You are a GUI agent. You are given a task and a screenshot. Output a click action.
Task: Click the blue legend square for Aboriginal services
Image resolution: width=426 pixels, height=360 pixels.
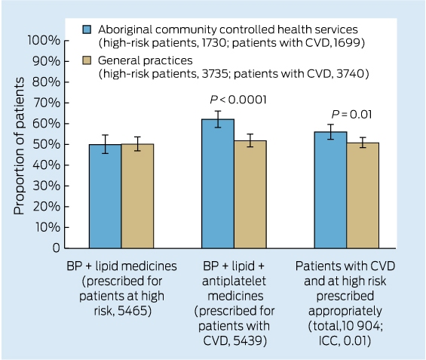coord(87,29)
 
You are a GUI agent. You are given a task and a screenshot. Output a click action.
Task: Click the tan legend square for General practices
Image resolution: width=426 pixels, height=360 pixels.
coord(87,60)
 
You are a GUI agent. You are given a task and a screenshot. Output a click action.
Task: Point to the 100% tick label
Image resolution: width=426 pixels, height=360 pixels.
coord(44,41)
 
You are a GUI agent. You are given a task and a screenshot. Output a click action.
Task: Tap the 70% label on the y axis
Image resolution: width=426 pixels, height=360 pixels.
coord(47,103)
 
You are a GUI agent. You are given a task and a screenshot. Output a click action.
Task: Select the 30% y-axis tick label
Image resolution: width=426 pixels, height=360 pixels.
coord(47,186)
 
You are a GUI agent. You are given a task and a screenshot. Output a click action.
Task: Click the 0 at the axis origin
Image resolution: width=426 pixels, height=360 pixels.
coord(57,248)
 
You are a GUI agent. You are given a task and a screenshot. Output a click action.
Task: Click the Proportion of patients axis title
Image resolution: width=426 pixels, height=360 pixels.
coord(19,146)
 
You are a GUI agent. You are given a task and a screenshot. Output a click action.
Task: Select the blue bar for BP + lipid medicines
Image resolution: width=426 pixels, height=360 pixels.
coord(105,196)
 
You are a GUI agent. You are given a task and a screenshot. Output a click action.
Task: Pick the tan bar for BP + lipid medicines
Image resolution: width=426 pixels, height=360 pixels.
coord(137,196)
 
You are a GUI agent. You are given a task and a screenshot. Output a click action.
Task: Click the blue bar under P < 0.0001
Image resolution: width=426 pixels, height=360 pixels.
coord(218,183)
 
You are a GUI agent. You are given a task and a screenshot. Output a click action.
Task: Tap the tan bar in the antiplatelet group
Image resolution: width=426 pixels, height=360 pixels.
coord(250,195)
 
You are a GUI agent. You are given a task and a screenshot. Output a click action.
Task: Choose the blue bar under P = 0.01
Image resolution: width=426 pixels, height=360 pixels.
coord(331,190)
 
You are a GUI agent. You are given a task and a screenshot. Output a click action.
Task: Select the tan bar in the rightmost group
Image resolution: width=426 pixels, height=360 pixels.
coord(363,195)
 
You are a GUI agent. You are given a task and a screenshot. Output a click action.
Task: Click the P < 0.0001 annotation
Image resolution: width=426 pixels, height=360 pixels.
coord(238,100)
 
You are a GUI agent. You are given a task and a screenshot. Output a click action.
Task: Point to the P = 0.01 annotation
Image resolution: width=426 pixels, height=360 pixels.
coord(351,114)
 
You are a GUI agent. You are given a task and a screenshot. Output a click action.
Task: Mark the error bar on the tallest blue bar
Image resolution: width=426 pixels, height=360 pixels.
coord(218,119)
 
